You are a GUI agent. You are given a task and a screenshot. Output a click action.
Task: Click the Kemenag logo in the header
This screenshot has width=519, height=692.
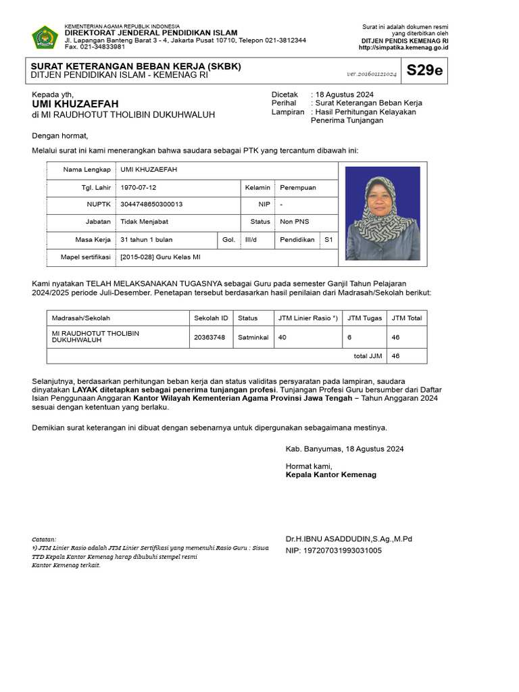(x=45, y=37)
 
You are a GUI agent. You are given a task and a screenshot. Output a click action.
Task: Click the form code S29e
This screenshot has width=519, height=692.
(x=424, y=70)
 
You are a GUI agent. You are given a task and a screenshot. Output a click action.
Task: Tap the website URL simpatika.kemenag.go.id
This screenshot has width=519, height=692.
(x=403, y=47)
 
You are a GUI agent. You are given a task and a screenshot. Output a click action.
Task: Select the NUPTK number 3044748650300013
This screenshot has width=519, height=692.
(x=151, y=203)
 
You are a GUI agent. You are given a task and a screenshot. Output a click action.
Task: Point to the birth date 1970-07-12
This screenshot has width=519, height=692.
(x=138, y=187)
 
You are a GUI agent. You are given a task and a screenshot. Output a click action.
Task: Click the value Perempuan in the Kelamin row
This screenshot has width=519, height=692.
(x=297, y=187)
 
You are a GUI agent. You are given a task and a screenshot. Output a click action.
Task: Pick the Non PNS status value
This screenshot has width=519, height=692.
(x=294, y=222)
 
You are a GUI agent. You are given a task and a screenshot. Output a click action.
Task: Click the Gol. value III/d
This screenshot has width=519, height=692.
(x=250, y=239)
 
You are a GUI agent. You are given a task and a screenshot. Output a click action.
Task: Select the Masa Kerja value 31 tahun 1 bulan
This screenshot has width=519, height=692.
(x=146, y=239)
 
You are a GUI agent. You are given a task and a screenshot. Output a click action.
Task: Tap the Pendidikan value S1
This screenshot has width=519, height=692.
(x=328, y=239)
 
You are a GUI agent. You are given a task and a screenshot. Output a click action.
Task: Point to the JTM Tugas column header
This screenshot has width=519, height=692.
(x=364, y=318)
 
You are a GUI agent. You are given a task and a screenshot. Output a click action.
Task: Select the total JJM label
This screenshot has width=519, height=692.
(x=367, y=355)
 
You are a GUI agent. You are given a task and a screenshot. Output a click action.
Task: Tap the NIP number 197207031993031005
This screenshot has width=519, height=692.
(x=333, y=550)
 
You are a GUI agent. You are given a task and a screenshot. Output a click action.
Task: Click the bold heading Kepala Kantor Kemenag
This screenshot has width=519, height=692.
(x=331, y=474)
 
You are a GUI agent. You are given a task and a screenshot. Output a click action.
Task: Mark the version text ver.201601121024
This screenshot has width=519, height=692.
(x=372, y=73)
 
